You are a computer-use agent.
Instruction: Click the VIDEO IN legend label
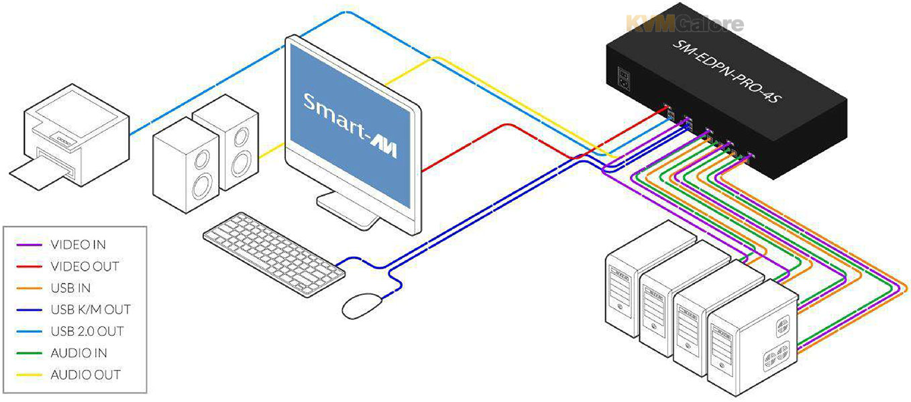click(x=78, y=245)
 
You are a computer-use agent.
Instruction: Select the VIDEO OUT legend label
click(x=85, y=266)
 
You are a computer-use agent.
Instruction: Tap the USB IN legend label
click(x=70, y=288)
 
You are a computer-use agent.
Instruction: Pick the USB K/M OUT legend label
click(x=91, y=310)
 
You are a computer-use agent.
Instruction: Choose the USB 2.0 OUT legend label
click(x=87, y=331)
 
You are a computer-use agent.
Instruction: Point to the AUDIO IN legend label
click(x=79, y=353)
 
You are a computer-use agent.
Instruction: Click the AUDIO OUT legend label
click(x=85, y=375)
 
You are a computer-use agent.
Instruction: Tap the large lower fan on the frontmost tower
click(x=775, y=355)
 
